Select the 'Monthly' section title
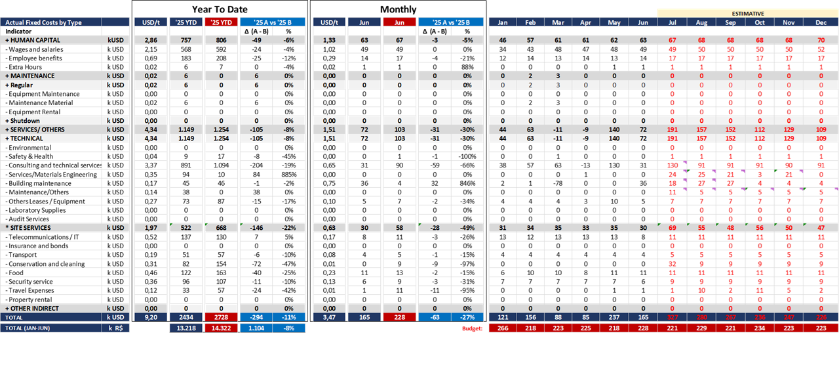point(398,9)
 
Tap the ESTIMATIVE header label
point(748,13)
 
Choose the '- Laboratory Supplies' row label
point(37,210)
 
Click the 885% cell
point(287,175)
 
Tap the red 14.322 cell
point(220,328)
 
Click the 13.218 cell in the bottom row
point(184,328)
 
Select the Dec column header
point(821,22)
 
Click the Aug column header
point(701,22)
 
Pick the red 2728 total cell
point(220,317)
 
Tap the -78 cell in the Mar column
point(558,183)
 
